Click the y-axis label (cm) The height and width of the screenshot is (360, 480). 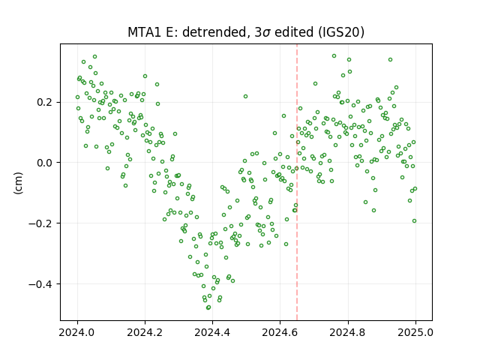pos(18,183)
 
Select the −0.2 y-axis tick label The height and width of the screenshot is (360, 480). pos(43,223)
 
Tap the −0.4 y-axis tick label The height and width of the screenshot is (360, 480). pos(43,284)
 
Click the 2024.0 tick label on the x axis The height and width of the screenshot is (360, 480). pos(77,332)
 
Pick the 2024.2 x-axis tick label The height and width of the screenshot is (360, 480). pos(145,332)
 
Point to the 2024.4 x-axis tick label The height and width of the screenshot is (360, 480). pos(212,332)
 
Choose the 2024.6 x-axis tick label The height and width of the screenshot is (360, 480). pos(280,332)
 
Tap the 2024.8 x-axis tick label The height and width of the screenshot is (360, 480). pos(348,332)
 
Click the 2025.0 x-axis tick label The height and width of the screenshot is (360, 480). pos(415,332)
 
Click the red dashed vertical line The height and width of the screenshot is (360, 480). pos(297,182)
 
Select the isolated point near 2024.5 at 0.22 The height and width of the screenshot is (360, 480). pos(245,97)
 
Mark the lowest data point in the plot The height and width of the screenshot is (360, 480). pos(208,307)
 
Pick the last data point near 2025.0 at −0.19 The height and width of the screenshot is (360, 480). pos(414,221)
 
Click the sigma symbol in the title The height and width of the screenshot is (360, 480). pos(267,33)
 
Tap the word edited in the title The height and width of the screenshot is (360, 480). pos(294,32)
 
